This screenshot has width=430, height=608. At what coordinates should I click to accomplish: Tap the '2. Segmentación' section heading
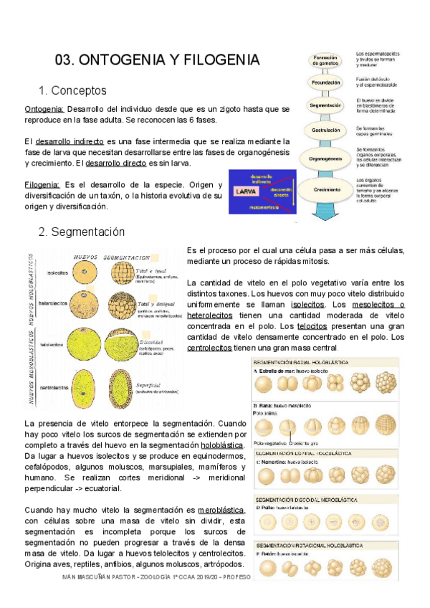81,232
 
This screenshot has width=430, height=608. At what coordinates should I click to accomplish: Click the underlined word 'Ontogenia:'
44,109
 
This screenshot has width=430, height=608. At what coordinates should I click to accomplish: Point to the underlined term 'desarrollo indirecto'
68,141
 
